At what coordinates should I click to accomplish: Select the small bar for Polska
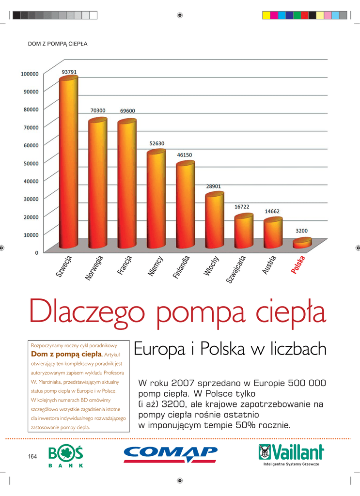point(302,243)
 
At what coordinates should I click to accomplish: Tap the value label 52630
point(156,143)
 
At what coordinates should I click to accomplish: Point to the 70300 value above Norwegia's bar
point(98,110)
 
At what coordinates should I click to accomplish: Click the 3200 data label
point(302,231)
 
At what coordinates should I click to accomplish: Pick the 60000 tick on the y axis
point(31,145)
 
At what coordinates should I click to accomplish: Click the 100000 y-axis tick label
point(29,74)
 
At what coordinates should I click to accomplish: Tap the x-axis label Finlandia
point(181,267)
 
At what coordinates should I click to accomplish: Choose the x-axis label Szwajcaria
point(237,269)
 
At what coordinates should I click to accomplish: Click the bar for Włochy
point(214,220)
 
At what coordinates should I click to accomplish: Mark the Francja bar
point(127,184)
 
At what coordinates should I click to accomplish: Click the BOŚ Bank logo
point(66,456)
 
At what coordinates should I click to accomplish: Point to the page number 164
point(32,456)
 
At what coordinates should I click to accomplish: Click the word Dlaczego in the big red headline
point(90,313)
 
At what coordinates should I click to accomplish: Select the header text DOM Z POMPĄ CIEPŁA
point(57,44)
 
